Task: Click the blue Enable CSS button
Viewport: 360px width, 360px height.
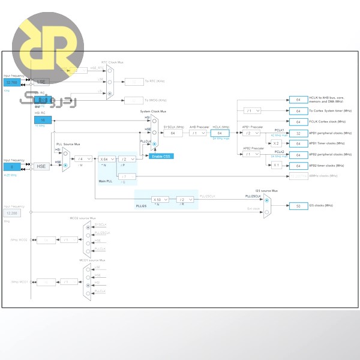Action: point(161,156)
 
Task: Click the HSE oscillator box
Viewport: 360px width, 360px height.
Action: point(41,166)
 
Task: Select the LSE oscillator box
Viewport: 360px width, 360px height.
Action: point(41,81)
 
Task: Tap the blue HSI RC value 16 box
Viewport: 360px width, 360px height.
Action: point(43,120)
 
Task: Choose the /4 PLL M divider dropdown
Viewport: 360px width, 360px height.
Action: point(83,158)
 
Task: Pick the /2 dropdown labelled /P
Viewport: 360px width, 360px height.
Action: point(127,158)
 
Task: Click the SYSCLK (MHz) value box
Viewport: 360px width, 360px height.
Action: point(172,133)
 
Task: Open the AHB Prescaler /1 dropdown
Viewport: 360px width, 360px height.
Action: point(197,133)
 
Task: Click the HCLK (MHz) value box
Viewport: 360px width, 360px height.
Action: point(220,133)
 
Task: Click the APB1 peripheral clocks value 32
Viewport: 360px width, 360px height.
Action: point(298,133)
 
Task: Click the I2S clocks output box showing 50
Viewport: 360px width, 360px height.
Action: point(298,205)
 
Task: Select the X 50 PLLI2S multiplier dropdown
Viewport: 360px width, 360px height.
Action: point(160,199)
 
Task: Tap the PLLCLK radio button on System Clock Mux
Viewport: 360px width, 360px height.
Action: point(155,144)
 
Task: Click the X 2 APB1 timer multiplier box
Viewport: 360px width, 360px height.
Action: point(276,143)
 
